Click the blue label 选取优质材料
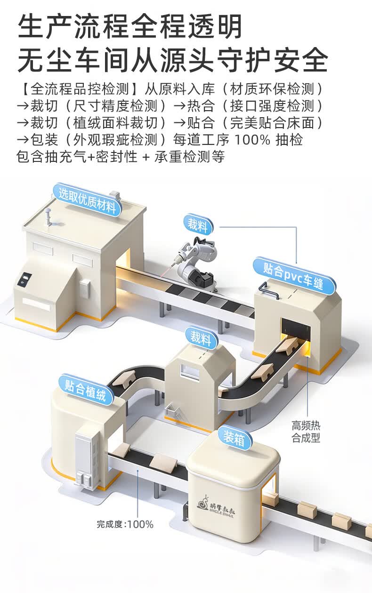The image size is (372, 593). pos(87,200)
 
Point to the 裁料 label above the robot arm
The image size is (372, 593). pos(198,225)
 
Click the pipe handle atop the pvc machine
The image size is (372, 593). pos(268,290)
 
